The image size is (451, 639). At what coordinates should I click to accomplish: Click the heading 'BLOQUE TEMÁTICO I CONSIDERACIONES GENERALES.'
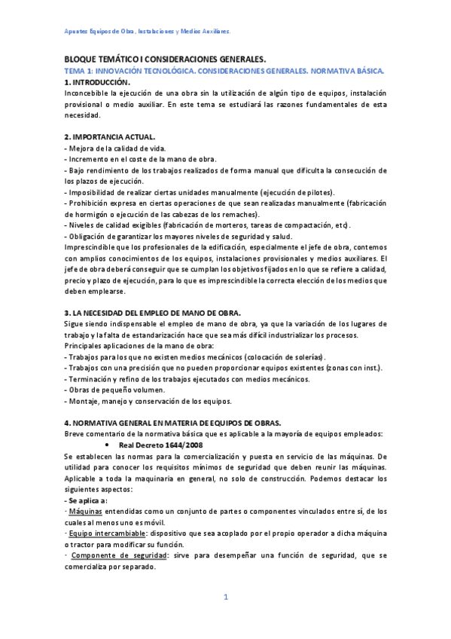click(165, 59)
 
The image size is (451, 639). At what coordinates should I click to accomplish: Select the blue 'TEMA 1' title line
click(224, 70)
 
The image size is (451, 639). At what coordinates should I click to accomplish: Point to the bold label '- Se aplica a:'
click(87, 500)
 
